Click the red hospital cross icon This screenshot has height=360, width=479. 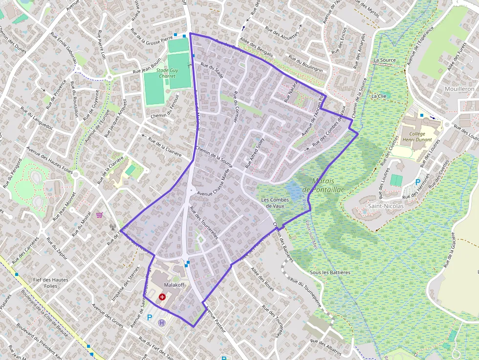[x=162, y=296]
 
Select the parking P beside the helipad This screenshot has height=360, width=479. [x=150, y=317]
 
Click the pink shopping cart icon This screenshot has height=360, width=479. [x=100, y=214]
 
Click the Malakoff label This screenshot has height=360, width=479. [x=174, y=285]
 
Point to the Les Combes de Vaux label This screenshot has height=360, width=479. [x=275, y=203]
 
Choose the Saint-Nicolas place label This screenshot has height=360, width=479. [x=386, y=206]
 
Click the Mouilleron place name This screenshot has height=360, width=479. [x=459, y=89]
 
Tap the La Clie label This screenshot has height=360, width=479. [x=379, y=96]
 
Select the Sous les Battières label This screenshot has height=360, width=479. [x=330, y=273]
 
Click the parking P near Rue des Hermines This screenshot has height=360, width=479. [x=418, y=182]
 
